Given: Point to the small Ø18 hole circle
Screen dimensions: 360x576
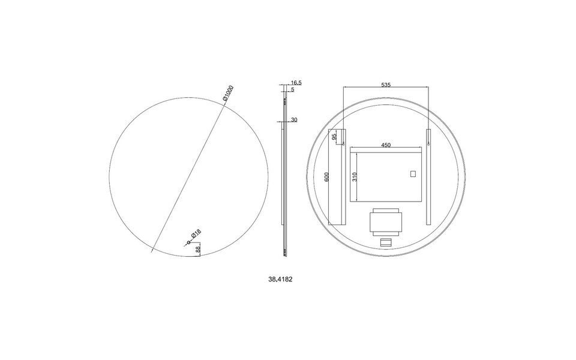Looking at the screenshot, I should click(x=188, y=242).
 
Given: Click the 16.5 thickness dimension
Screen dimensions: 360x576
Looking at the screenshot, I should click(x=295, y=82).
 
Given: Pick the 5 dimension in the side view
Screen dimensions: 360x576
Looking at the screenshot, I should click(x=292, y=89).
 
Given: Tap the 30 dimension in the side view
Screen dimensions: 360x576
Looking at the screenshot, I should click(x=294, y=120).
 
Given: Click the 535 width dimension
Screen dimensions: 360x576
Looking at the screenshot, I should click(x=386, y=85).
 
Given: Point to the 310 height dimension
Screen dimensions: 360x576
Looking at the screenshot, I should click(x=355, y=176).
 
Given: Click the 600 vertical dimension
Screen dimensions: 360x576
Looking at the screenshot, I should click(x=327, y=176).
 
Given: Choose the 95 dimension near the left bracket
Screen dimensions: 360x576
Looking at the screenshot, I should click(x=334, y=137).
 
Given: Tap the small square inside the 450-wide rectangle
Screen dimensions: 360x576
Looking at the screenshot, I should click(x=412, y=175).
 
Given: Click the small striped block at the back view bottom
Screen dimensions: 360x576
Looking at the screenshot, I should click(x=385, y=242).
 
